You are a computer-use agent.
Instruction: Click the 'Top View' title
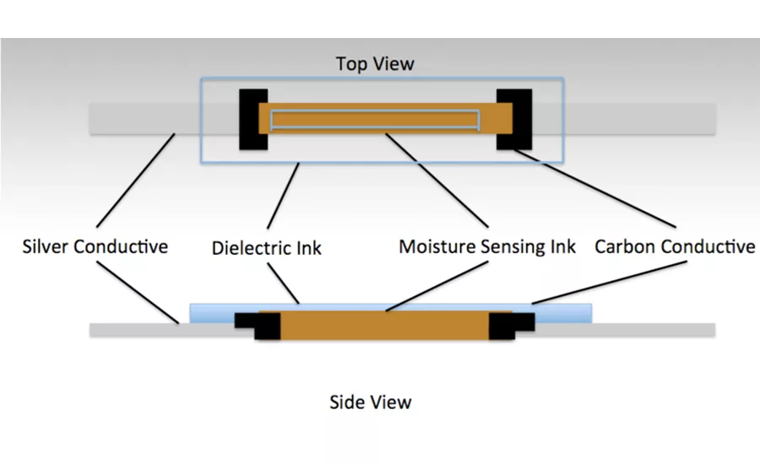375,64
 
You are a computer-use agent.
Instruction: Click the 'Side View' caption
370,402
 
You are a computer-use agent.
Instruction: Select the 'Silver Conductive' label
95,246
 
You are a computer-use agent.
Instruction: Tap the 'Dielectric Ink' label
266,247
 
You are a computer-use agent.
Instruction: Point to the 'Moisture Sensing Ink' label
487,246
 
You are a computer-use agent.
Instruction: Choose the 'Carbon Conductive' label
674,246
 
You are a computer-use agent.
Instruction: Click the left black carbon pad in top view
252,119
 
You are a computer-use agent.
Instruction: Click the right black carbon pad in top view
513,119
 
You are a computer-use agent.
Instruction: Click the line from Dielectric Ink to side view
283,282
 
